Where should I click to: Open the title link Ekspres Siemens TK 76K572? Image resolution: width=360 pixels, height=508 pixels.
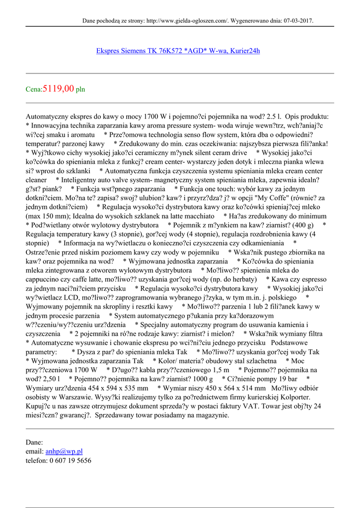[x=178, y=51]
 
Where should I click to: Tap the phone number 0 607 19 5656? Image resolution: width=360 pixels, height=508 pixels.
[x=70, y=460]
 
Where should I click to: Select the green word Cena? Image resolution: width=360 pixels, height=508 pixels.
[x=33, y=90]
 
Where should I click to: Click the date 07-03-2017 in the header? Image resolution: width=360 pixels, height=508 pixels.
[x=297, y=21]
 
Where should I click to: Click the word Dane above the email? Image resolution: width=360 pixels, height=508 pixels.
[x=34, y=443]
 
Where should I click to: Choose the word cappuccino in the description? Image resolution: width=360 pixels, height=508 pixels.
[x=44, y=280]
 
